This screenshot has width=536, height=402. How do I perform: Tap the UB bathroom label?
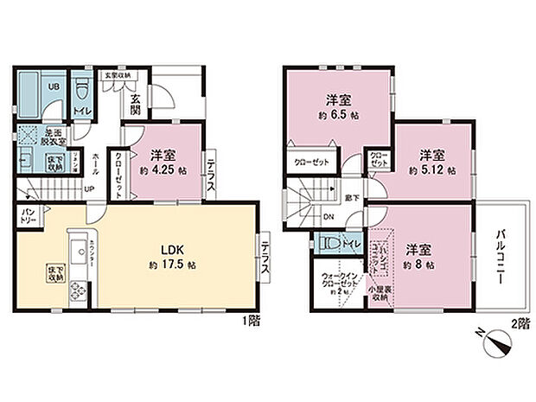pos(53,87)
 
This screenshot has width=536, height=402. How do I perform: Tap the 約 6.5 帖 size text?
pos(337,114)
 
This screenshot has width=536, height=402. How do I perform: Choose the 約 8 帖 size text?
pos(418,264)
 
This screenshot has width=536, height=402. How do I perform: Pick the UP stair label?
pos(89,192)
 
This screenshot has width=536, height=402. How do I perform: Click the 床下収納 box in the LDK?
pos(55,273)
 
